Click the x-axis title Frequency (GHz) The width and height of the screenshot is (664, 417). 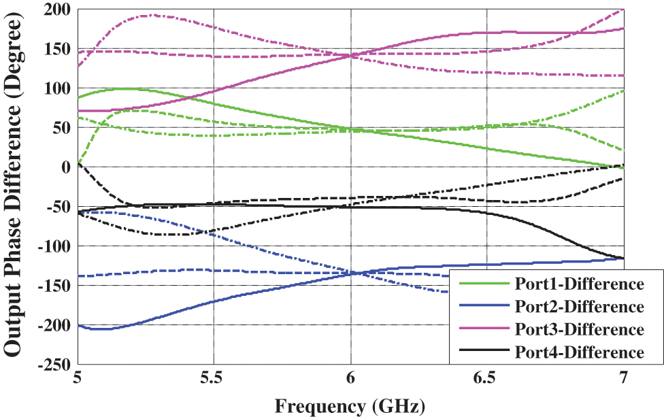point(350,406)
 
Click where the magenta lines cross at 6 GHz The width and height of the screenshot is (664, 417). point(351,55)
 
